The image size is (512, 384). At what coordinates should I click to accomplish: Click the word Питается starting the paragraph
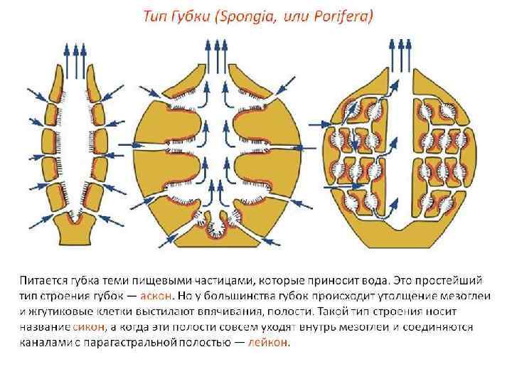45,279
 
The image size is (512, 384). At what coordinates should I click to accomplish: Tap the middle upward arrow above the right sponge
400,51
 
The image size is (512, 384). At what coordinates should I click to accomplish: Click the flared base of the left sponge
73,231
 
